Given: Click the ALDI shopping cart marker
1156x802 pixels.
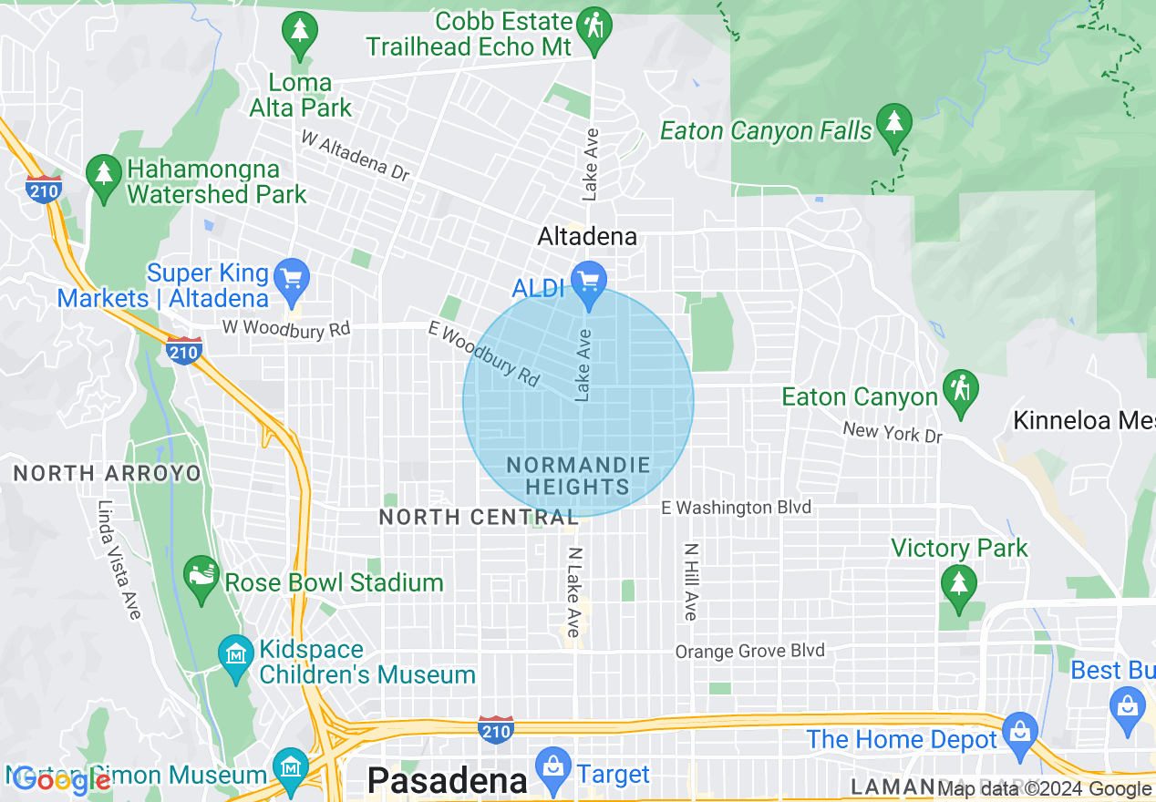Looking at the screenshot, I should point(589,278).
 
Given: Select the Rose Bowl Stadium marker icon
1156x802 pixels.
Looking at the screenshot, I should point(201,573).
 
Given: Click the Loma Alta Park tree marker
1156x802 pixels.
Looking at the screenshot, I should point(299,31).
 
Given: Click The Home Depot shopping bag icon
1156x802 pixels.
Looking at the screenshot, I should point(1019,731).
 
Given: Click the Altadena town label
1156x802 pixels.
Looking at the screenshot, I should point(587,237).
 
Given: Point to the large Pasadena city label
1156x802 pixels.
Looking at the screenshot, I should point(447,781).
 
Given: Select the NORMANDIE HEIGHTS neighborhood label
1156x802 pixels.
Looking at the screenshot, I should point(578,476).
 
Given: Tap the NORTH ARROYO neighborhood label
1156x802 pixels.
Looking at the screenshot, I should point(106,473).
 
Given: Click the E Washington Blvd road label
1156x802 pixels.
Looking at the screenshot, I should point(736,508).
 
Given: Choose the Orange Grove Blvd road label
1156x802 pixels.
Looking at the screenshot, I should point(749,651).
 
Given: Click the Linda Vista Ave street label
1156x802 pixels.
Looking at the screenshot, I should point(119,560).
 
